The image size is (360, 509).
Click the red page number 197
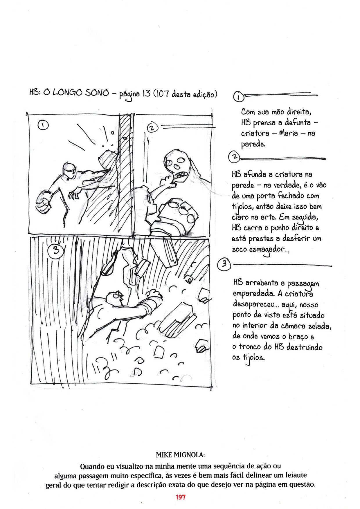[x=180, y=497]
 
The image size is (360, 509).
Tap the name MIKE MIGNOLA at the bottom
[x=180, y=455]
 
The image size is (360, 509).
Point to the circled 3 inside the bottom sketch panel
[x=55, y=250]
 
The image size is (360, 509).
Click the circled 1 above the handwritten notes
[x=238, y=97]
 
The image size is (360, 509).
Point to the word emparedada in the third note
[x=253, y=294]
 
